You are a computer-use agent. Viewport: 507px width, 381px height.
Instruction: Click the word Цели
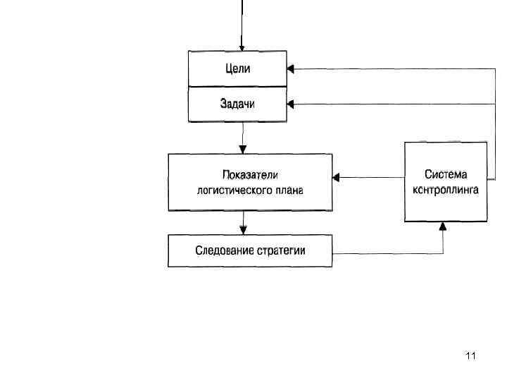pos(237,68)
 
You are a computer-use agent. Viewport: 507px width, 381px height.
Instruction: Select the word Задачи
pos(237,104)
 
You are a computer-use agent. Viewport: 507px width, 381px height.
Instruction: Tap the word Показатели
pos(249,174)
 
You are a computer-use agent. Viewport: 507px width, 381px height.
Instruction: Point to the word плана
pos(290,190)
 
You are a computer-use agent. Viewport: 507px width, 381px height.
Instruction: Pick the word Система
pos(446,174)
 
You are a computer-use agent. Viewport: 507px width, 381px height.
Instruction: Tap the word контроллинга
pos(446,190)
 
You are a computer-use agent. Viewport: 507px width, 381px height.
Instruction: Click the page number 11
pos(471,356)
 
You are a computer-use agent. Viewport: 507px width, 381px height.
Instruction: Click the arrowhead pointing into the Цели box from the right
pos(291,68)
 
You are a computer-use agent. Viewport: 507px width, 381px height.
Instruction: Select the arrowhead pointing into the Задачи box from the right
pos(291,104)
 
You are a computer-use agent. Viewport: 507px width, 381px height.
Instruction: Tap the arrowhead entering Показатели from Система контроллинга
pos(337,178)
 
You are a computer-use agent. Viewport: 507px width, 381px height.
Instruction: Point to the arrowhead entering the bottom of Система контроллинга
pos(443,226)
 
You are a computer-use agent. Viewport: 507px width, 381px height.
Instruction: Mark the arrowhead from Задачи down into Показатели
pos(243,149)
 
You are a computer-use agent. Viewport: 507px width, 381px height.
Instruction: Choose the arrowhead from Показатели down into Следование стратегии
pos(243,230)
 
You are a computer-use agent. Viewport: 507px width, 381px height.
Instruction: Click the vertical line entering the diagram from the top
pos(242,21)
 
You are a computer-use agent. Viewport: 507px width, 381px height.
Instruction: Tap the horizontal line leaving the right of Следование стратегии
pos(387,253)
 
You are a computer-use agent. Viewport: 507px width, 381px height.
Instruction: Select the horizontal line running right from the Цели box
pos(394,68)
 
